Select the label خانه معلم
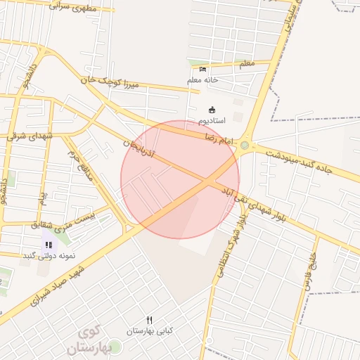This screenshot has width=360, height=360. coord(204,80)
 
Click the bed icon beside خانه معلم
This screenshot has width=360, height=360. coord(203,69)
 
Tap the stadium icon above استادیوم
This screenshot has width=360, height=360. coord(212,109)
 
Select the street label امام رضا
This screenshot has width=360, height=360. coord(218,139)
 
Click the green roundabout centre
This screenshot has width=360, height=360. coord(244,146)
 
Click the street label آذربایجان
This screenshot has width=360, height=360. coord(141,148)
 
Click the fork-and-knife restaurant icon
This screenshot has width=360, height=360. coord(149,320)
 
